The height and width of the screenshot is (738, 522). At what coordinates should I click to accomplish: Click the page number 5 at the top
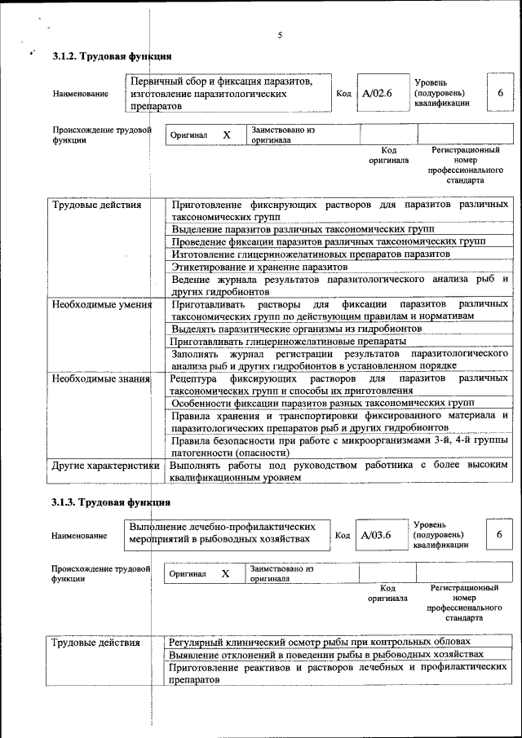click(x=280, y=35)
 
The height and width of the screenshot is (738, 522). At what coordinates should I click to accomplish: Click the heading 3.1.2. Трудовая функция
click(x=111, y=56)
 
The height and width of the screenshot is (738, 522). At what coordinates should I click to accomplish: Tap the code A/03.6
click(x=377, y=535)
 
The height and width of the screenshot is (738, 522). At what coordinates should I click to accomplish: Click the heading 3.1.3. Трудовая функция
click(x=111, y=502)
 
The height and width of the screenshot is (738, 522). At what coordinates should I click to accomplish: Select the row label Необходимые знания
click(x=101, y=379)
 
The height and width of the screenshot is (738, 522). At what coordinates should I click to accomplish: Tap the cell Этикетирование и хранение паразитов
click(x=260, y=267)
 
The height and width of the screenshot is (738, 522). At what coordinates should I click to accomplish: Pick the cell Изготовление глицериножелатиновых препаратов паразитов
click(x=311, y=254)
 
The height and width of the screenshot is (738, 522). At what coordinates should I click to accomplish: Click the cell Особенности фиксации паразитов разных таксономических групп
click(x=323, y=404)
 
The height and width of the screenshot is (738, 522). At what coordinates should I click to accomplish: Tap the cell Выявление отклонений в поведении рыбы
click(x=326, y=654)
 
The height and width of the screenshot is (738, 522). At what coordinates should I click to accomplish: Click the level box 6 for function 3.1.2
click(x=500, y=93)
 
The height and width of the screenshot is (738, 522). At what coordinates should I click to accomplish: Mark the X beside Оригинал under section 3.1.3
click(x=226, y=574)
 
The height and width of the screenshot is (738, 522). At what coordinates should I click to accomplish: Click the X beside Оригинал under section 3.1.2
click(x=228, y=135)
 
